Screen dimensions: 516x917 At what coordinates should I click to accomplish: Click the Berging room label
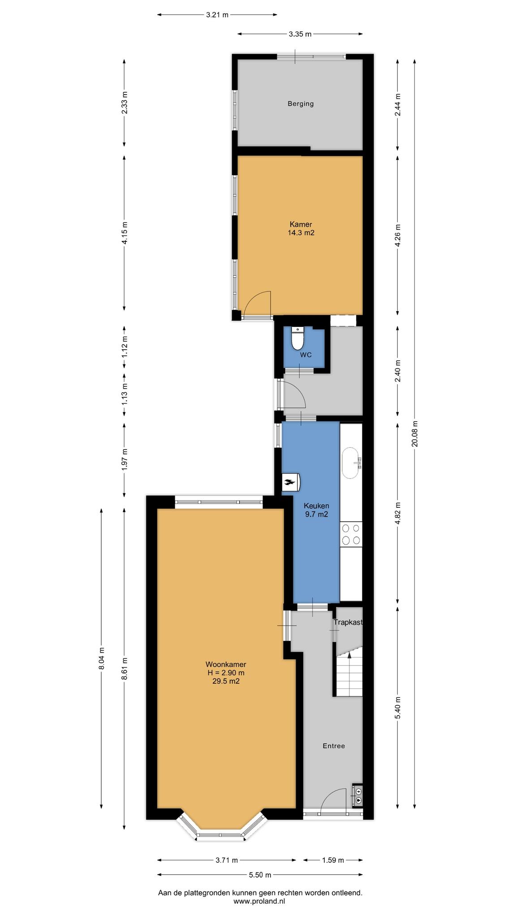coord(301,104)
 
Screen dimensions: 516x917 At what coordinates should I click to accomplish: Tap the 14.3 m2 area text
coord(301,232)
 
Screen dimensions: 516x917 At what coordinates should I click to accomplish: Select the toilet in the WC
coord(297,338)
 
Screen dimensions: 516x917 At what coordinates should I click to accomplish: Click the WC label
coord(306,355)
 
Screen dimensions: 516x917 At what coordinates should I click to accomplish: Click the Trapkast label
coord(348,622)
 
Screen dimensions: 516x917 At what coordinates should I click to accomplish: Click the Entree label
coord(334,746)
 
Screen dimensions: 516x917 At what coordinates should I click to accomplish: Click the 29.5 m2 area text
coord(226,681)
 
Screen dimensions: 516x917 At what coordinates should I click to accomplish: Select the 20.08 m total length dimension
coord(415,433)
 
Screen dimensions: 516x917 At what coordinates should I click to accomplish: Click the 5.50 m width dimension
coord(260,874)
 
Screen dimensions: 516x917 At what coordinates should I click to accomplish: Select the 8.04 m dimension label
coord(102,659)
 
